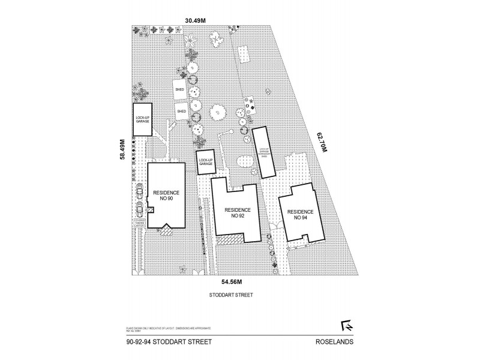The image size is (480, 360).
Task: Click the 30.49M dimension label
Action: (x=195, y=20)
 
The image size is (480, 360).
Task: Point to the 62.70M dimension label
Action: (x=322, y=147)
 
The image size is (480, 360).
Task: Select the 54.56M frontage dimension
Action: (x=231, y=281)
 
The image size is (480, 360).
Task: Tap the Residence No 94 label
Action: (x=299, y=214)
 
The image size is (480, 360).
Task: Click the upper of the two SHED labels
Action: (x=180, y=89)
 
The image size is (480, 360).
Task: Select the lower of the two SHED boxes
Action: (x=182, y=112)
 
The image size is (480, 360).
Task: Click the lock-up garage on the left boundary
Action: (x=142, y=119)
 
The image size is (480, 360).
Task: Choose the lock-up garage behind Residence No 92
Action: (x=206, y=162)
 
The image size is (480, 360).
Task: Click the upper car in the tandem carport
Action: (x=139, y=190)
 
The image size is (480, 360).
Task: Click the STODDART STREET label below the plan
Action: (x=230, y=295)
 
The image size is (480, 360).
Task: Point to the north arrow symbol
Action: (x=346, y=325)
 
